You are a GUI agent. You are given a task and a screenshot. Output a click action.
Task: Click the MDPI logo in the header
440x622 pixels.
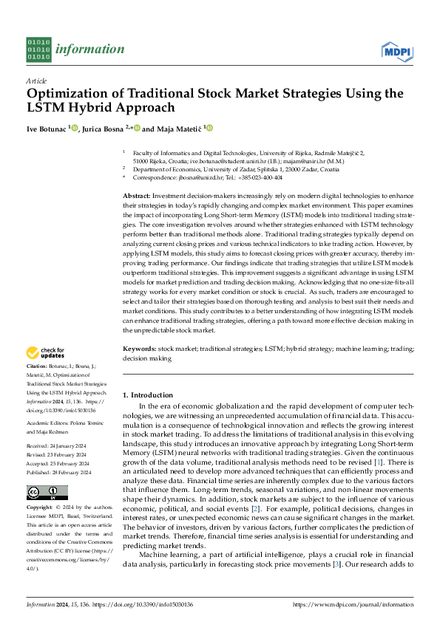pos(396,50)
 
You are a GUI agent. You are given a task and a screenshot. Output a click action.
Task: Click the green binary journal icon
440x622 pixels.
pos(38,49)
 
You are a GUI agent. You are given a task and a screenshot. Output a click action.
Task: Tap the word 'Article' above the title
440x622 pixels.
pos(36,81)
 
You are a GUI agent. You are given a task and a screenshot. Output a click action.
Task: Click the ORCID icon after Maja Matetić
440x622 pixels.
pos(209,129)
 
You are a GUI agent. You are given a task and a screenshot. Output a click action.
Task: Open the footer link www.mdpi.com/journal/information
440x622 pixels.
pos(353,604)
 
